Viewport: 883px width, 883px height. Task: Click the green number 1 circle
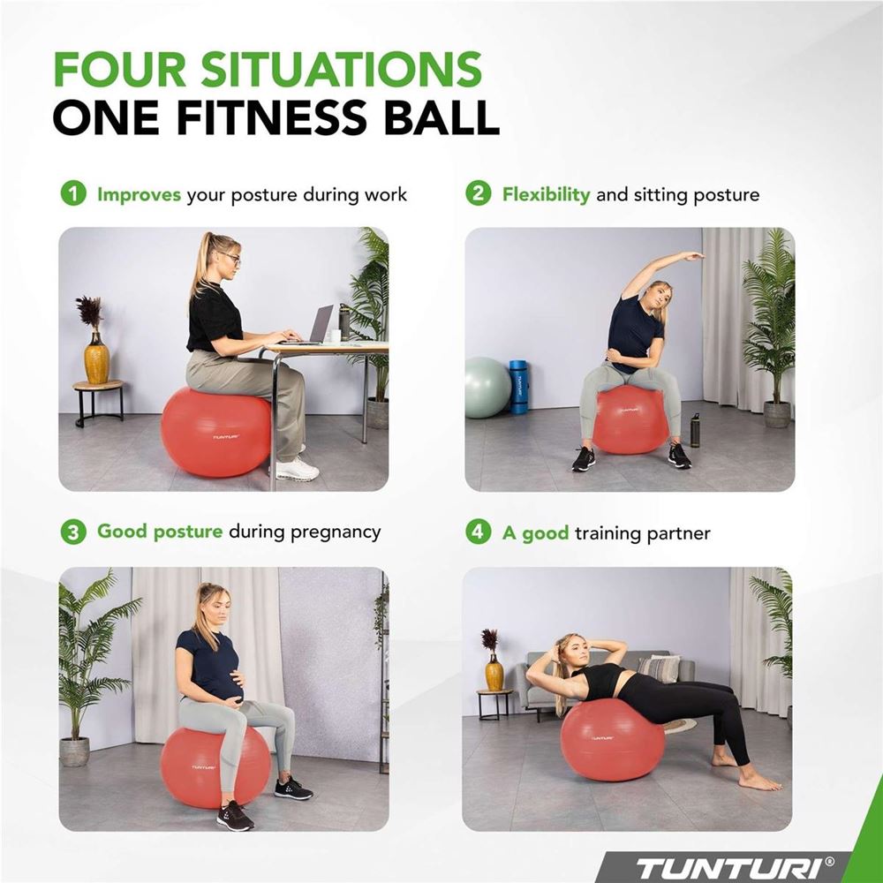73,193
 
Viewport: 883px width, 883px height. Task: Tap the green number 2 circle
478,193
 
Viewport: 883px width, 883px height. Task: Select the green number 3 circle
73,532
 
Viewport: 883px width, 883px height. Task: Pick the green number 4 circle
478,532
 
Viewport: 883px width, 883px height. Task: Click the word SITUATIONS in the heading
341,69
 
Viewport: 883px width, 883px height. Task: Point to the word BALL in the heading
434,117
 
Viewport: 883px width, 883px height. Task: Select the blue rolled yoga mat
518,387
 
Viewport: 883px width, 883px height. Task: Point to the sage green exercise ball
487,388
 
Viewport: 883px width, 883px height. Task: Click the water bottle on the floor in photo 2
695,430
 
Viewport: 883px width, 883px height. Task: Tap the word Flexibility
546,195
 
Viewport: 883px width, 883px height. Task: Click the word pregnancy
336,532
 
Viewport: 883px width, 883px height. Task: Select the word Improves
139,195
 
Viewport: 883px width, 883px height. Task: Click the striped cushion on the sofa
659,668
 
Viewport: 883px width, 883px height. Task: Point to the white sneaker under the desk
297,471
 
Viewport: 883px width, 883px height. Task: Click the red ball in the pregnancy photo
215,766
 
